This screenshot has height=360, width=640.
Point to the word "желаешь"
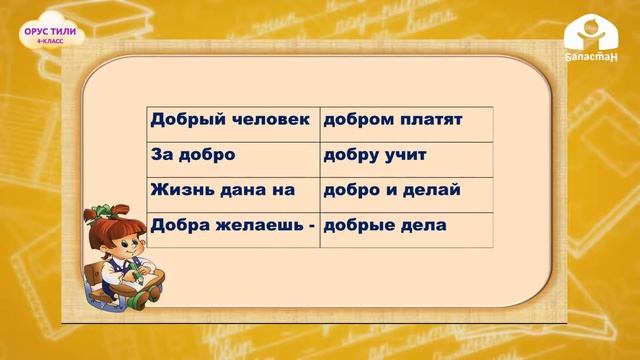258,226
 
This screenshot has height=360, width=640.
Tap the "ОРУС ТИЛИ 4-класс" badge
50,36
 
